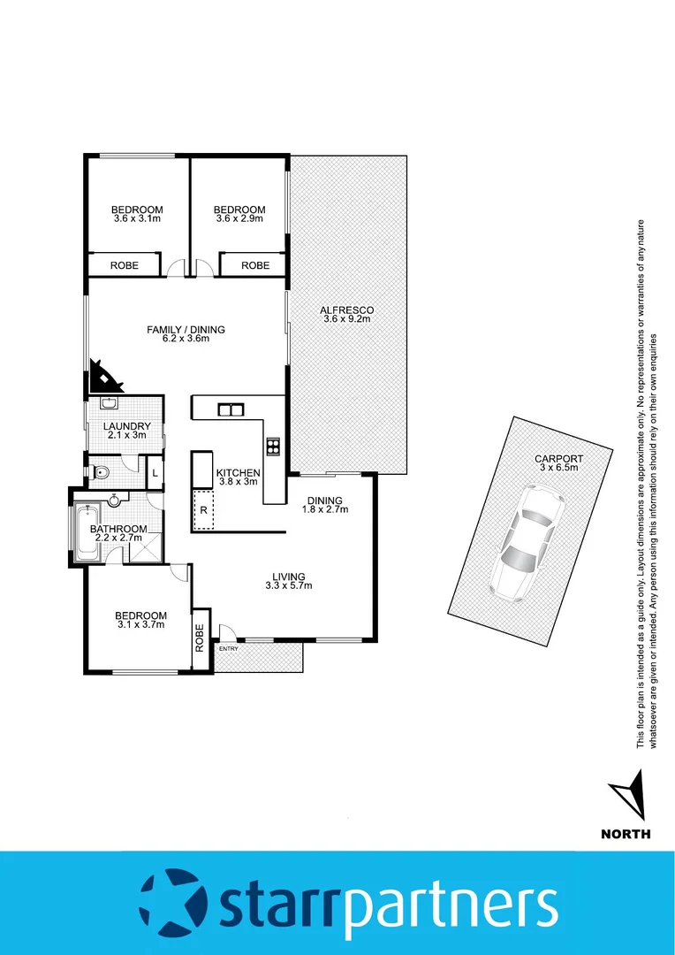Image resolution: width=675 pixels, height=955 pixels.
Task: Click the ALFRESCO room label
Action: coord(347,310)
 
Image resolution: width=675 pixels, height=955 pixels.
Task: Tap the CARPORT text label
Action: coord(558,459)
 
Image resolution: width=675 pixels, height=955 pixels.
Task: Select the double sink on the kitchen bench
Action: coord(231,409)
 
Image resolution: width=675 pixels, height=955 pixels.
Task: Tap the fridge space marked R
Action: coord(204,510)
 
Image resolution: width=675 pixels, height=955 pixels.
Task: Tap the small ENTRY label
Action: coord(229,649)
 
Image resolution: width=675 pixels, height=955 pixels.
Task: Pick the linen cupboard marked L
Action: coord(155,473)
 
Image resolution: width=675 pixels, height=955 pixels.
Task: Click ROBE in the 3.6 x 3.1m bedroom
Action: coord(124,265)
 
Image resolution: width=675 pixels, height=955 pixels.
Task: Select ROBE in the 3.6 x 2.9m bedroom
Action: coord(255,265)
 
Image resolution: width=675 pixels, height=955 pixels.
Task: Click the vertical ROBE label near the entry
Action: coord(201,638)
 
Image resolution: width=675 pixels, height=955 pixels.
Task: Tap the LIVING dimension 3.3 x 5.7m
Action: coord(288,585)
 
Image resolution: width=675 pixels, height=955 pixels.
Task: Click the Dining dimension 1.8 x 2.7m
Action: coord(322,510)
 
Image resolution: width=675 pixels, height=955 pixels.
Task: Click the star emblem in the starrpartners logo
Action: coord(172,903)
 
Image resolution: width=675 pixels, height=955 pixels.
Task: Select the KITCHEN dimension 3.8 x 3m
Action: coord(238,483)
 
